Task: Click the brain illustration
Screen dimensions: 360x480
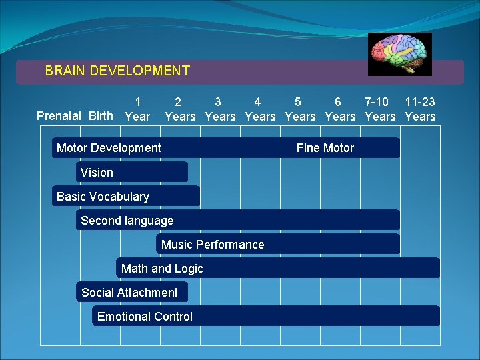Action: [x=400, y=53]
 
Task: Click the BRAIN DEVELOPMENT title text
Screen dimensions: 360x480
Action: [x=117, y=71]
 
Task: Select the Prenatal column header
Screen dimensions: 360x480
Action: [x=61, y=116]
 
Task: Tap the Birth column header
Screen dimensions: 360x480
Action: [x=101, y=116]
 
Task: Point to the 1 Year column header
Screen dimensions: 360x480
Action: [x=137, y=109]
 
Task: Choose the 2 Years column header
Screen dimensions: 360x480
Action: [x=179, y=109]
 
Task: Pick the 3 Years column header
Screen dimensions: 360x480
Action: [x=220, y=109]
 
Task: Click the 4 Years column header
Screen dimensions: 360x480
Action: [x=260, y=109]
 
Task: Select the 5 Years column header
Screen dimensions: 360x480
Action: [x=300, y=109]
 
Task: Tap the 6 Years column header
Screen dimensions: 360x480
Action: [x=340, y=109]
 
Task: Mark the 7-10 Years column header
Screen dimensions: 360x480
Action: [x=380, y=109]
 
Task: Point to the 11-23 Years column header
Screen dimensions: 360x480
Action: [x=420, y=109]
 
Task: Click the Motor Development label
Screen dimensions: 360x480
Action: [x=109, y=148]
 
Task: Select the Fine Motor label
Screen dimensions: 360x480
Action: [x=325, y=148]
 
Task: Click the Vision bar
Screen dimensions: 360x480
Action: [x=131, y=172]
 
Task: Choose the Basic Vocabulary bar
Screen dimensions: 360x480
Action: [x=125, y=196]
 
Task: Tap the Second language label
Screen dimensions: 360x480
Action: [x=127, y=221]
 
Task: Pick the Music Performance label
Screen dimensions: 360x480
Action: [x=213, y=245]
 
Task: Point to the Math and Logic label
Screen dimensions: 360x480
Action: [x=162, y=269]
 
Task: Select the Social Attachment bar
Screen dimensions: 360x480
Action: [x=131, y=292]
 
